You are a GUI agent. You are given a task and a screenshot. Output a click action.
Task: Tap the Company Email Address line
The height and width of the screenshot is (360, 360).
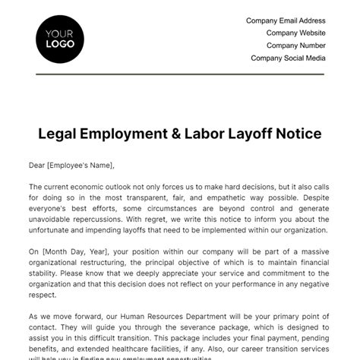pos(286,21)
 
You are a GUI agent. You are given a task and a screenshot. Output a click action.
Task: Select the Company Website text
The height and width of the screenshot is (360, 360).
pos(295,33)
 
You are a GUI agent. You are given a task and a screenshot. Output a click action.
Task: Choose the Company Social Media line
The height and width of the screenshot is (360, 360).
pos(288,58)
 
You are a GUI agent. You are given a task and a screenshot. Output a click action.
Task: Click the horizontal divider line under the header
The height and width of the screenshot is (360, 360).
pos(180,74)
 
